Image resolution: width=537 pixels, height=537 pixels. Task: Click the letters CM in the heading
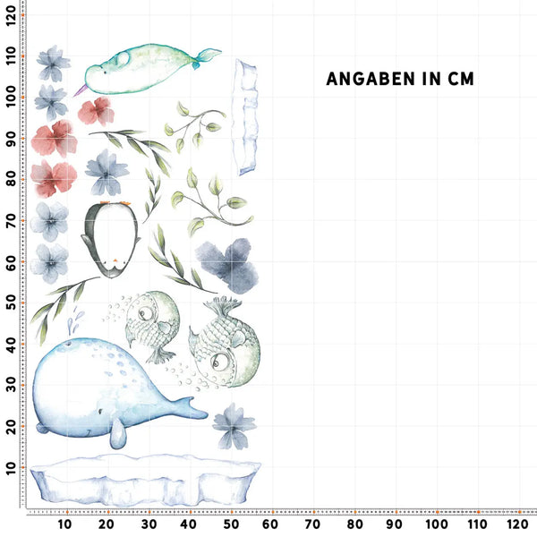click(457, 79)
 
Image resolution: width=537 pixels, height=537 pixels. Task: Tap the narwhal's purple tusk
click(81, 88)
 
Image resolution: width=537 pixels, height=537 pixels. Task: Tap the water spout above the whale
click(76, 318)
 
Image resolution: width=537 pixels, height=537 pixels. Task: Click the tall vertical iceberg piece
click(245, 116)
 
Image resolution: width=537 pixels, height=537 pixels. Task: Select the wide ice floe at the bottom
click(143, 479)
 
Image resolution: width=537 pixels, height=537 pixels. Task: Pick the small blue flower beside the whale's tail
click(234, 425)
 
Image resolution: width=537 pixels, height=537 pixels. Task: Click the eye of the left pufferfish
click(144, 314)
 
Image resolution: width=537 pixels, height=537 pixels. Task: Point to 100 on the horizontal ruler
click(436, 524)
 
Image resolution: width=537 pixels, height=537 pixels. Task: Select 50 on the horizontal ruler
click(230, 524)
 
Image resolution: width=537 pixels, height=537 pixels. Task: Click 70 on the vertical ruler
click(11, 220)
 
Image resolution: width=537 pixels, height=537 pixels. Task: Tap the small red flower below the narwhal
click(95, 111)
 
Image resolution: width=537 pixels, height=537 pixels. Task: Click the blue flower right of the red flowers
click(107, 171)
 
